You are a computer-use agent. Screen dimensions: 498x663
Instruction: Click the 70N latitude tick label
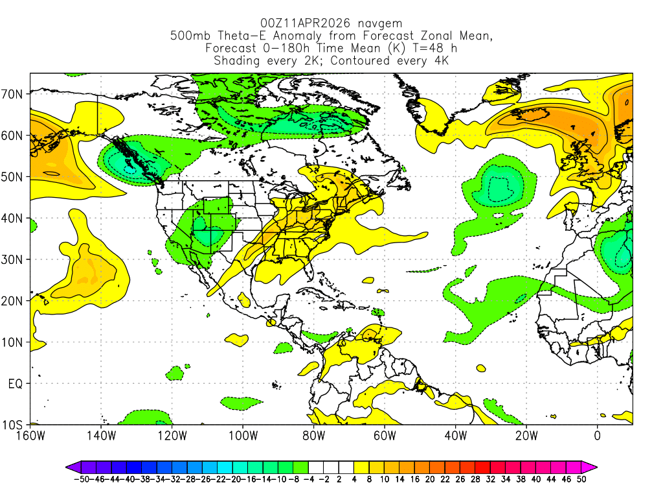[14, 94]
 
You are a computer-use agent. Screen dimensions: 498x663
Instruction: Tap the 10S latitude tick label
[14, 425]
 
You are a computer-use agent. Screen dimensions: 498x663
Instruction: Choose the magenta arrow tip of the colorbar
[592, 466]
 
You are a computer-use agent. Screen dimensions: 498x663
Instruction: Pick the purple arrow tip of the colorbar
[70, 466]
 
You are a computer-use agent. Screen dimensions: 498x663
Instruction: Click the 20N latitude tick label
[14, 301]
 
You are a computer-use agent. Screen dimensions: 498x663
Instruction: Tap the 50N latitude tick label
[14, 177]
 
